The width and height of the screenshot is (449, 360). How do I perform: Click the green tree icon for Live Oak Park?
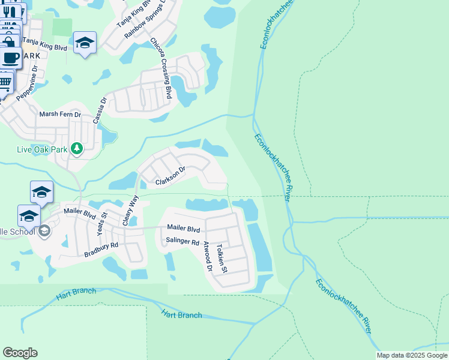[76, 148]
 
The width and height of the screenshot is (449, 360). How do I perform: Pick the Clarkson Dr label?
[170, 176]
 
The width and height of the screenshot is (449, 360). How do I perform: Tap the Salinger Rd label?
[182, 242]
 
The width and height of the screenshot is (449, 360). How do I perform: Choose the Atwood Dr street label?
[208, 256]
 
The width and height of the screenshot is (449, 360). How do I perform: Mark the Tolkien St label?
[221, 259]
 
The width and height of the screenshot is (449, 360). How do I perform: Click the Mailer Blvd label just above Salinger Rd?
[183, 228]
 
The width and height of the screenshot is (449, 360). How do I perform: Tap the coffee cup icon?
[10, 58]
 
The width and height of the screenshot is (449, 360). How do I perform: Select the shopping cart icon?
[5, 80]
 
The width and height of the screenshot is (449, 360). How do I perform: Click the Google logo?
[20, 352]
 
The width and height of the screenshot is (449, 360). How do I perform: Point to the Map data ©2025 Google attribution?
[412, 355]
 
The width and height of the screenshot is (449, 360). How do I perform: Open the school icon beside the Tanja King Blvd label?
[85, 42]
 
